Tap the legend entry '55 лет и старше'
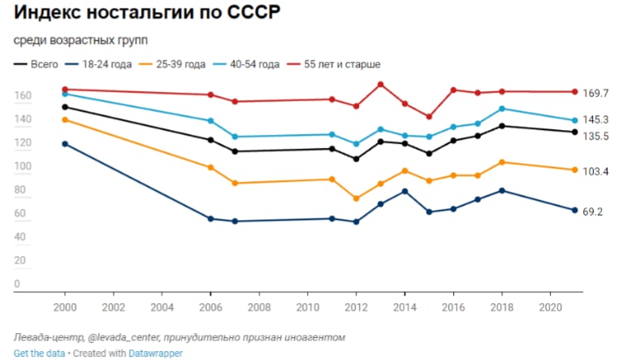coord(341,63)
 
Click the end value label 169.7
coord(595,93)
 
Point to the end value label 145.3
coord(595,120)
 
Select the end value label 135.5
coord(595,137)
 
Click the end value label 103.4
coord(595,171)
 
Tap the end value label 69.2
coord(593,212)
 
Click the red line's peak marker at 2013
coord(381,85)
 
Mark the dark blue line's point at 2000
coord(65,144)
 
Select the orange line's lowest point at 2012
coord(357,198)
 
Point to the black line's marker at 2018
coord(502,126)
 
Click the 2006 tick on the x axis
coord(211,309)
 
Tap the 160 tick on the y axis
coord(23,96)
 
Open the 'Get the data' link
coord(38,353)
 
